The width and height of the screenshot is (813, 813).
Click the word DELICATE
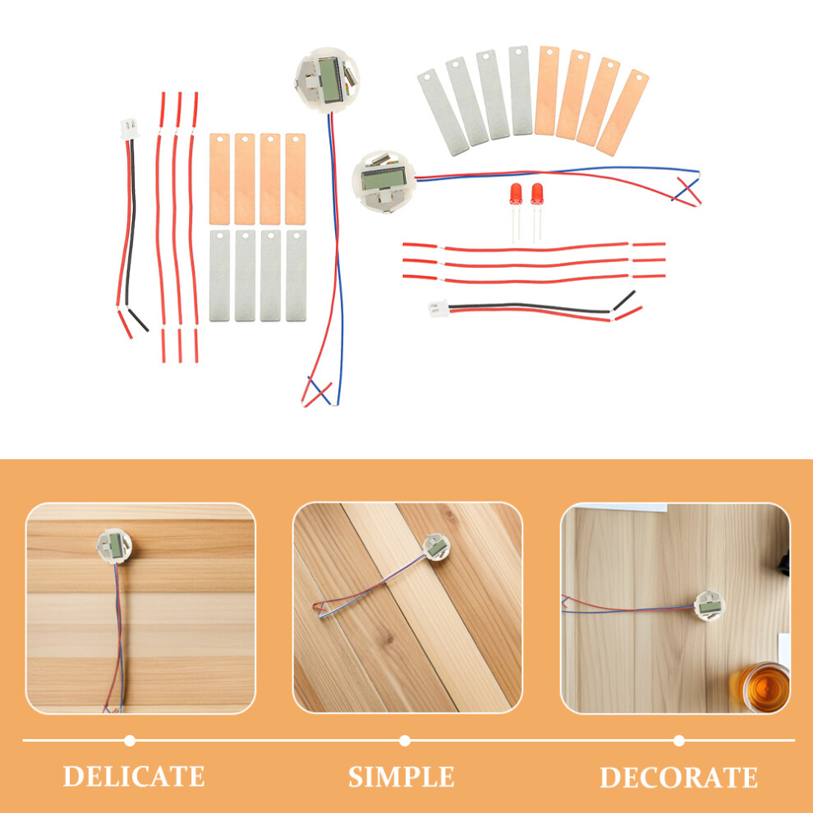(x=134, y=776)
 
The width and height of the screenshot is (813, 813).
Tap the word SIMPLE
(x=402, y=777)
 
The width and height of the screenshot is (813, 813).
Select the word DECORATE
(x=678, y=777)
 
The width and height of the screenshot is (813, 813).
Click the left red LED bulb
(x=516, y=194)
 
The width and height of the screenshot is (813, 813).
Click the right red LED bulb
(x=537, y=194)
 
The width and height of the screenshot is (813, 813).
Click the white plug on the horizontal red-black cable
(x=439, y=309)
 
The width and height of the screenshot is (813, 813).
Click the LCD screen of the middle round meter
(x=384, y=178)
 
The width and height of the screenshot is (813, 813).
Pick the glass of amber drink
(x=762, y=687)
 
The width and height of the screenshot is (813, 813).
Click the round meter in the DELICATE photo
(x=115, y=545)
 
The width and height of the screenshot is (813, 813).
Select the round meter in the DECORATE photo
(x=710, y=605)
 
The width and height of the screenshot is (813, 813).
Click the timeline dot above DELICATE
(x=130, y=741)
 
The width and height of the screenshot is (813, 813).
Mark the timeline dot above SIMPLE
(x=405, y=741)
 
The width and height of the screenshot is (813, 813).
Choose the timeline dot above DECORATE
(x=679, y=741)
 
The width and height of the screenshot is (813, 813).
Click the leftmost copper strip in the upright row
(x=219, y=179)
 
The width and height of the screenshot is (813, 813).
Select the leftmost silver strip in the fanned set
(x=443, y=112)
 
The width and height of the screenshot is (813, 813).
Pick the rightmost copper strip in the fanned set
(x=622, y=112)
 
